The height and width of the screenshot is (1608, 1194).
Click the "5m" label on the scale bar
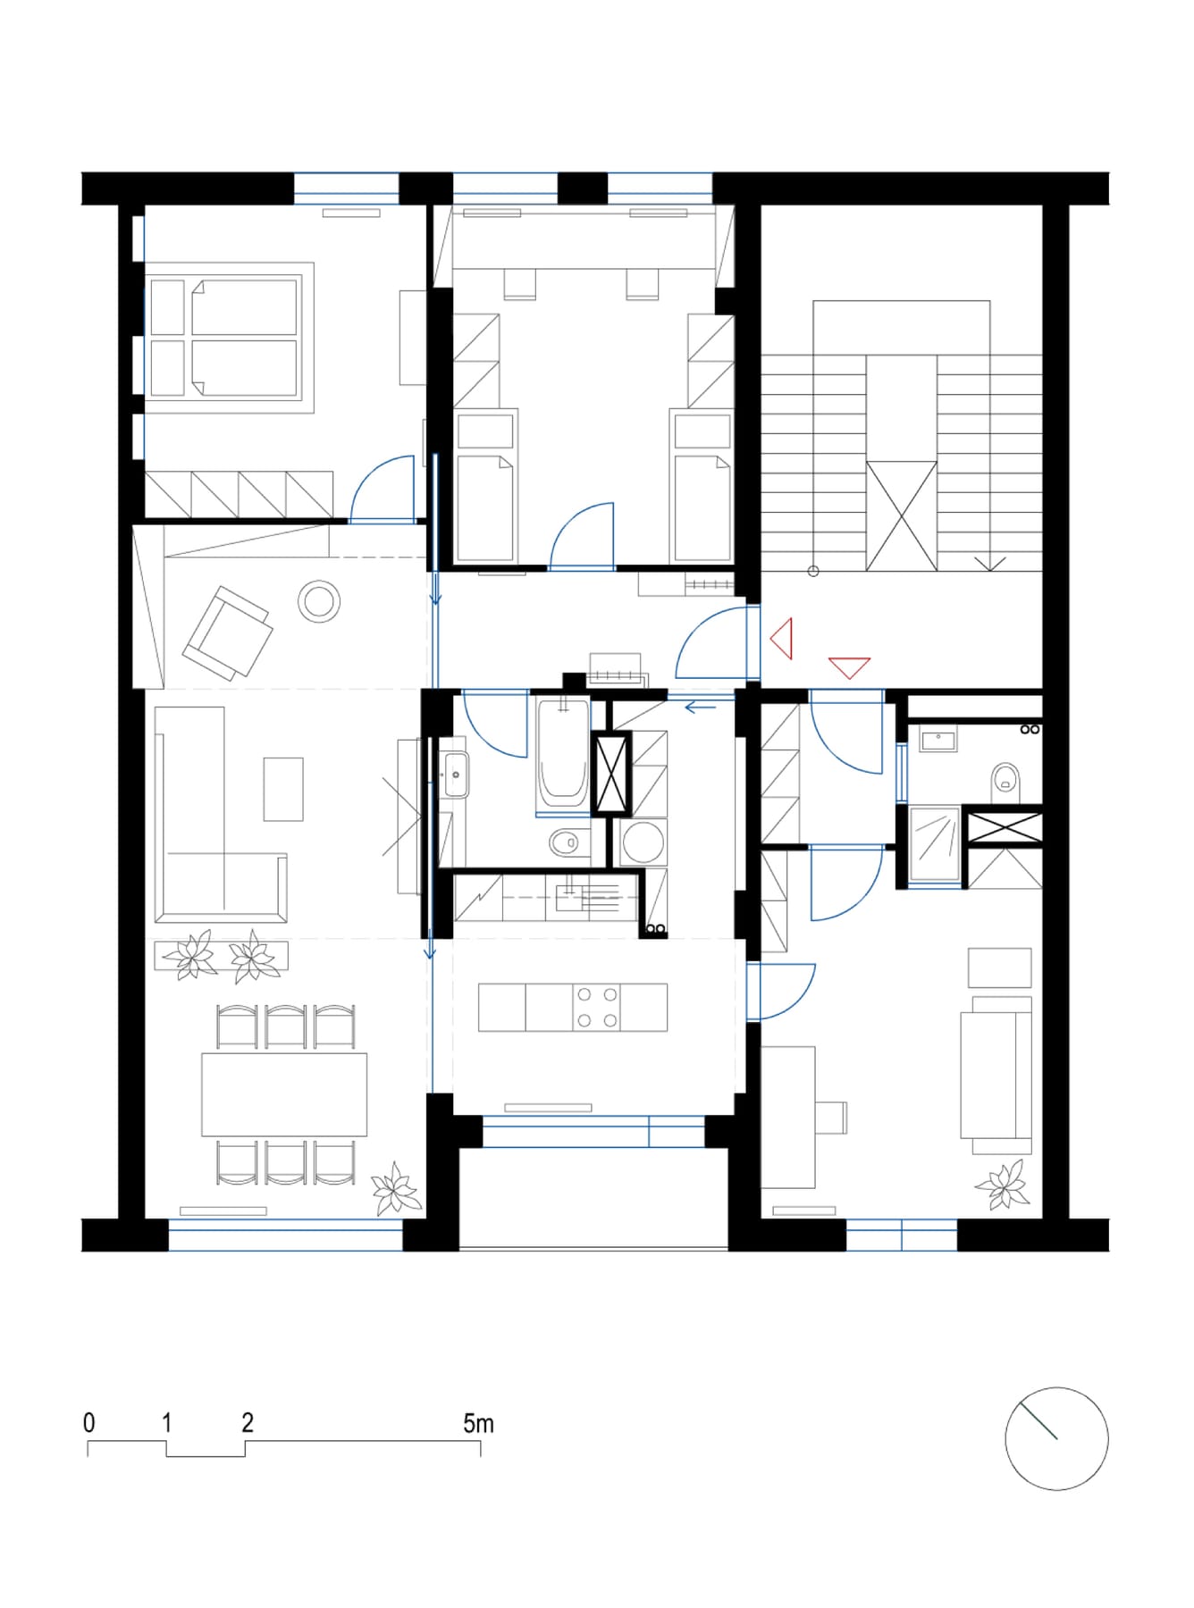pyautogui.click(x=478, y=1423)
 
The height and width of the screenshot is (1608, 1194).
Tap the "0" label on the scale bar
pyautogui.click(x=89, y=1423)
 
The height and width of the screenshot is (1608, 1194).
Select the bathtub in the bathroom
pyautogui.click(x=562, y=754)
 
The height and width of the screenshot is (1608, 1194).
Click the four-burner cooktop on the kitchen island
pyautogui.click(x=597, y=1008)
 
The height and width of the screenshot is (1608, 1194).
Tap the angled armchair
pyautogui.click(x=227, y=632)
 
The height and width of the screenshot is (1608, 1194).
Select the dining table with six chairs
pyautogui.click(x=285, y=1094)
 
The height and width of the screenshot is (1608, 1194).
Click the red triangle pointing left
pyautogui.click(x=782, y=639)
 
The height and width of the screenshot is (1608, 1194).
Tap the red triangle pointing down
pyautogui.click(x=849, y=666)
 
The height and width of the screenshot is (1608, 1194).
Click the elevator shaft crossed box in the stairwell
pyautogui.click(x=902, y=516)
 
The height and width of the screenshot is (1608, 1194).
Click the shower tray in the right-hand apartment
pyautogui.click(x=935, y=844)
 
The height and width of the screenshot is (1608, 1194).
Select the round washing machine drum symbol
pyautogui.click(x=643, y=842)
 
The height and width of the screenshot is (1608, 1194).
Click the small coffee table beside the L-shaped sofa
pyautogui.click(x=283, y=789)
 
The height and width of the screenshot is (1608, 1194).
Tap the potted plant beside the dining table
pyautogui.click(x=395, y=1189)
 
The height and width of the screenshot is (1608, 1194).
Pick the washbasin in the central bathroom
pyautogui.click(x=455, y=774)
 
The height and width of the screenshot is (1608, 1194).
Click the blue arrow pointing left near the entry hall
pyautogui.click(x=701, y=708)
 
